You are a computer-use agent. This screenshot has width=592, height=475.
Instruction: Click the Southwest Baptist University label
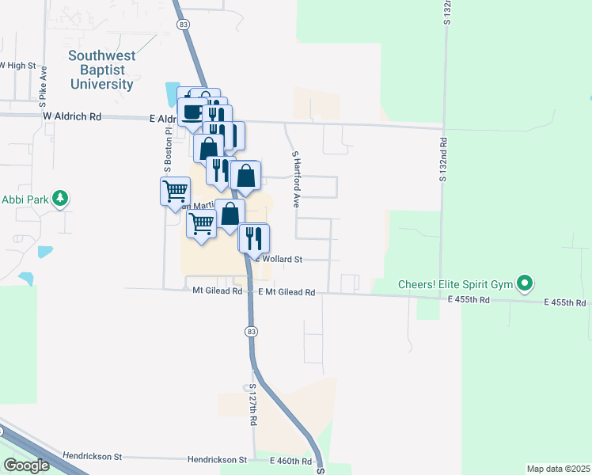(x=101, y=70)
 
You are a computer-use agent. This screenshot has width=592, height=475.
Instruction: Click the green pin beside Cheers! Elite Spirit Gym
(x=524, y=283)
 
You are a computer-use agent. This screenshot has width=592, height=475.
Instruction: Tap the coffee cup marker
(x=192, y=111)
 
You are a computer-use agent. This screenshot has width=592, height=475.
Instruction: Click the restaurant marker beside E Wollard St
(x=254, y=237)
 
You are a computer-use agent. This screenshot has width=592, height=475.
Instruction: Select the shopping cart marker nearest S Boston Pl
(x=175, y=191)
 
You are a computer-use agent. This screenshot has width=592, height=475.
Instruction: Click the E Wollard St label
(x=276, y=259)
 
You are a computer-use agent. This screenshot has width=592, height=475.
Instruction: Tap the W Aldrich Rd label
(x=72, y=116)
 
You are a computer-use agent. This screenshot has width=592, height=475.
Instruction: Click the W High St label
(x=17, y=65)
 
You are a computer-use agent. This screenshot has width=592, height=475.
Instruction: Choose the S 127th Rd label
(x=252, y=406)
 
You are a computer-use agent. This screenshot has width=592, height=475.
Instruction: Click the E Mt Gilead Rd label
(x=287, y=292)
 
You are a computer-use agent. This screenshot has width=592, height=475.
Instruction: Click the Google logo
(x=27, y=465)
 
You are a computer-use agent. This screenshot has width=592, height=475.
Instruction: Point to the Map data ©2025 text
(x=557, y=469)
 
